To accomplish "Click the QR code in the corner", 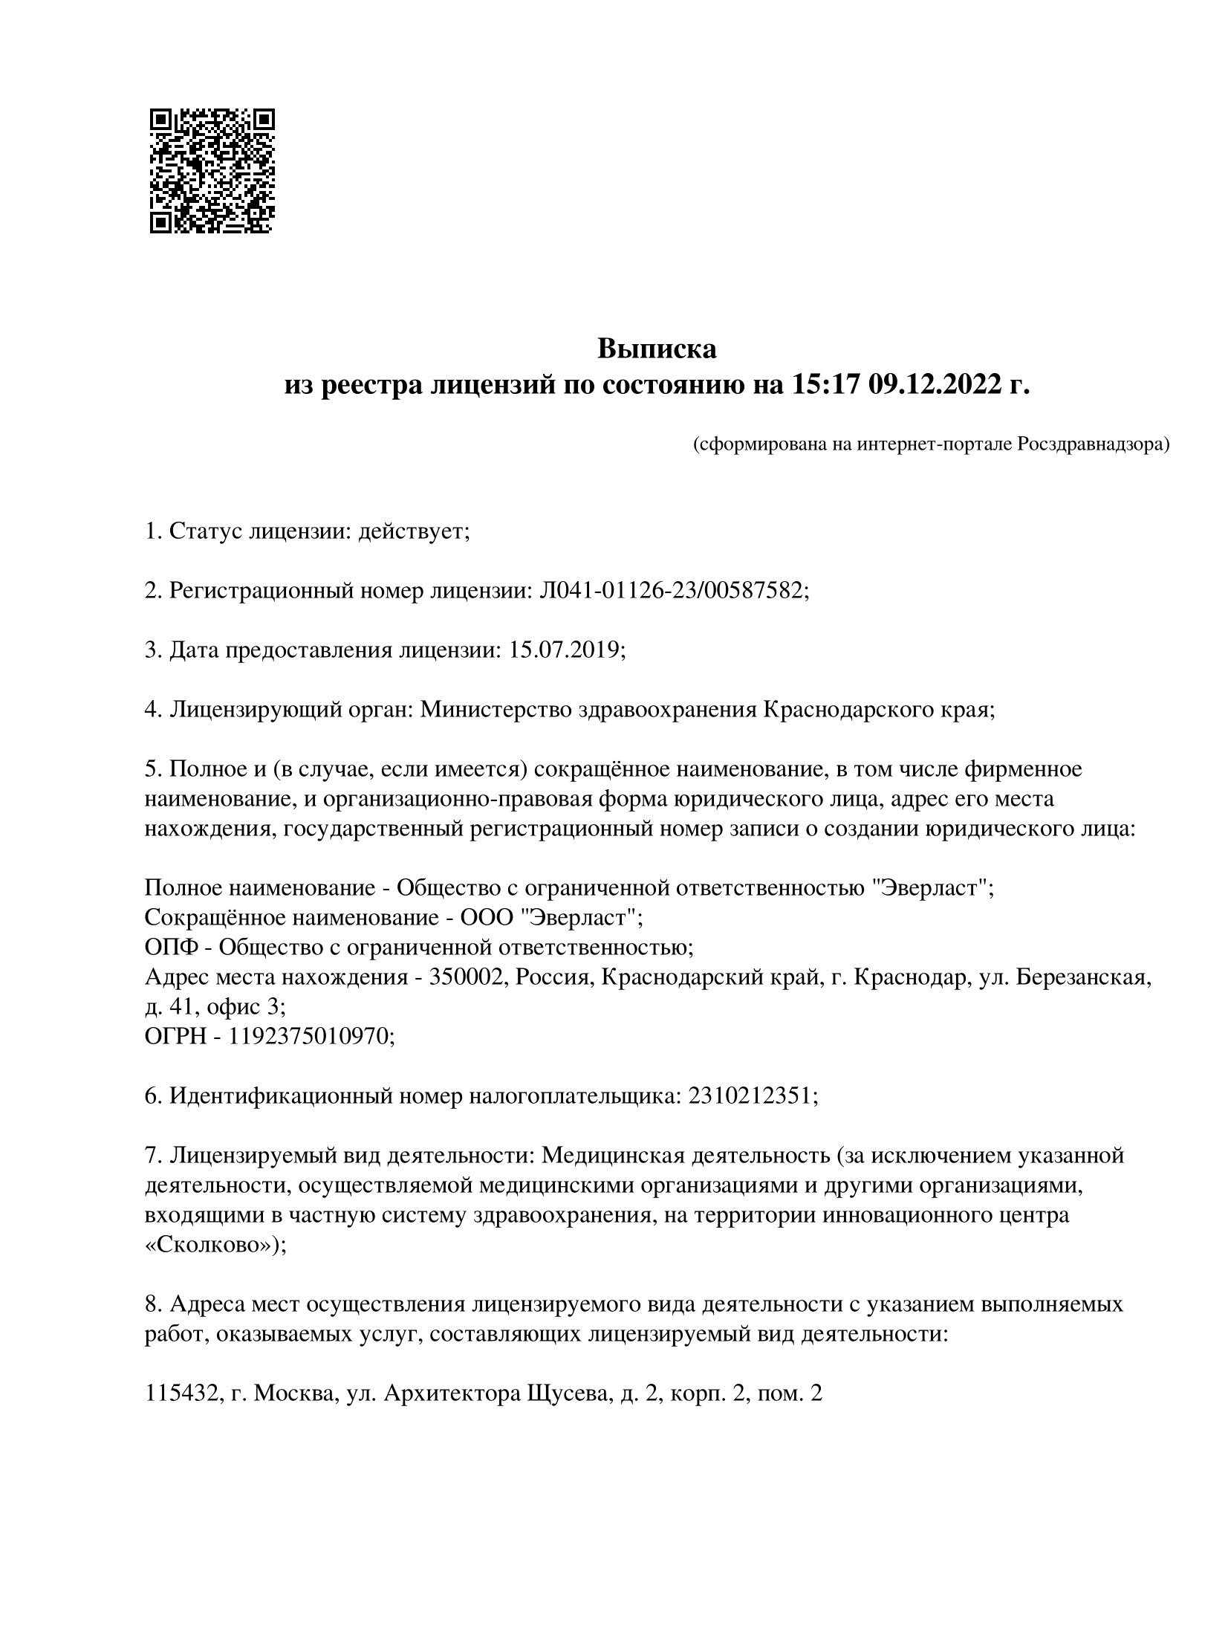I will (212, 171).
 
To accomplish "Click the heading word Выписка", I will (657, 349).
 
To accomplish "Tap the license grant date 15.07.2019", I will (564, 650).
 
